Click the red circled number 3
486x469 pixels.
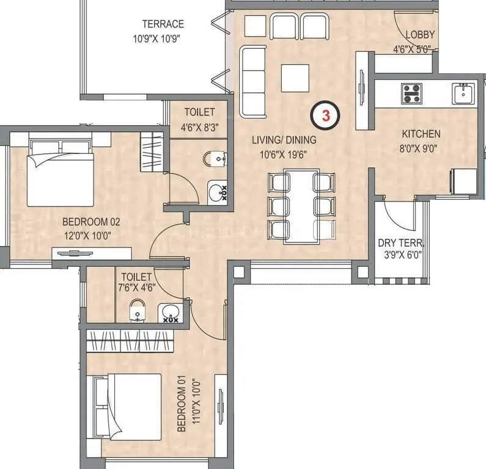[x=327, y=115]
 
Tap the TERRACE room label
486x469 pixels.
[x=163, y=24]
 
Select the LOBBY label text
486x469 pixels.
[x=419, y=35]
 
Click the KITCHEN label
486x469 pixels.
[x=421, y=134]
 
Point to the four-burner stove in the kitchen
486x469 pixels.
[x=411, y=93]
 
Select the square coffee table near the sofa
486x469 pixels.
[x=295, y=77]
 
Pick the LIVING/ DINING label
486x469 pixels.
[x=284, y=140]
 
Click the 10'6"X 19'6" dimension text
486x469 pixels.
[x=284, y=155]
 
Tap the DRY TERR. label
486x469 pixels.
[x=400, y=242]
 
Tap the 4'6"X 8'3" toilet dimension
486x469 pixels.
[x=199, y=127]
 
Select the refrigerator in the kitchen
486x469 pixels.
[x=463, y=183]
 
